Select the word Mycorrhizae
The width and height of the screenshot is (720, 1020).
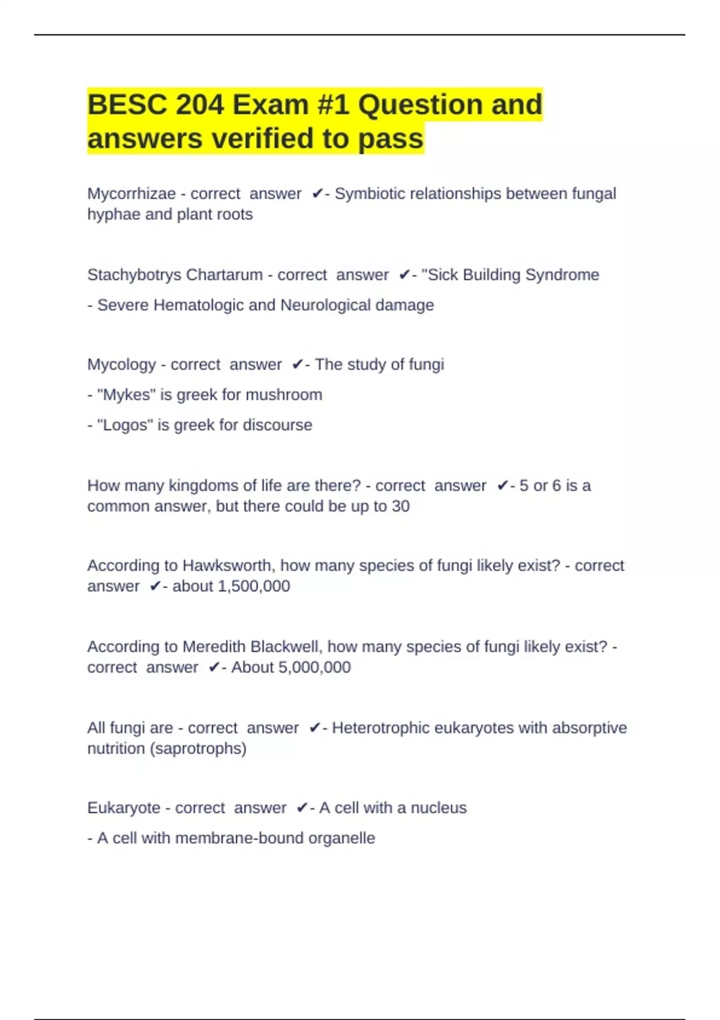point(131,194)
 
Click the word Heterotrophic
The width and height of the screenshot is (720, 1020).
point(380,728)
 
